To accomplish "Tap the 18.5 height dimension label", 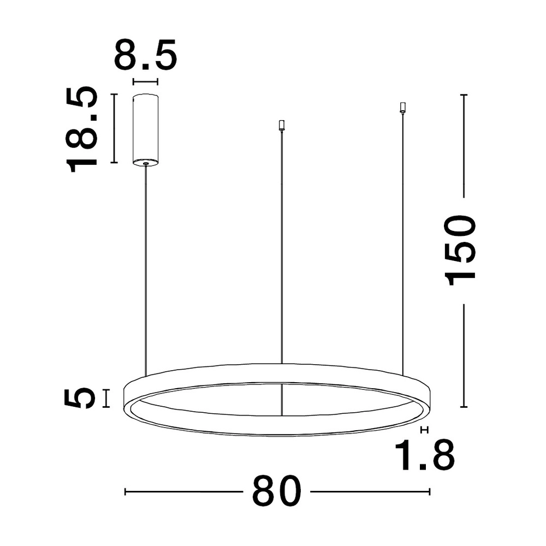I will pos(81,129).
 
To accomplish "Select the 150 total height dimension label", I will pos(460,251).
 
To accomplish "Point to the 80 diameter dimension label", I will pos(276,491).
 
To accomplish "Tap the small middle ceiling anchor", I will pos(282,126).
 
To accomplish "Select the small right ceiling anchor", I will pos(403,107).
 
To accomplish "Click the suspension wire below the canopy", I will pos(146,268).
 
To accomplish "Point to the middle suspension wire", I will pos(282,246).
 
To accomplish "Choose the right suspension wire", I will pos(403,240).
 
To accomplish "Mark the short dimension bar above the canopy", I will pos(146,82).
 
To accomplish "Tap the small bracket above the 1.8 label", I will pos(425,430).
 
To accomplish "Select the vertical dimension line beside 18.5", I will pos(114,129).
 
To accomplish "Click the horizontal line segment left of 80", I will pos(183,492).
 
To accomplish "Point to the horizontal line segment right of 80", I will pos(370,492).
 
